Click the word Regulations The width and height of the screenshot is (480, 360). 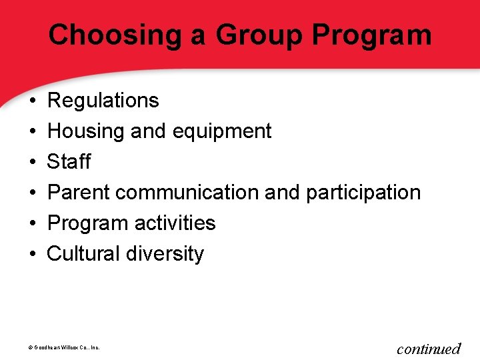point(103,101)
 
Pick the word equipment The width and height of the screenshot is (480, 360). point(222,131)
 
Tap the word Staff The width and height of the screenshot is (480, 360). point(69,162)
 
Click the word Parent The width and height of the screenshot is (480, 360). point(79,193)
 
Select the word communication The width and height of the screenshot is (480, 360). point(188,193)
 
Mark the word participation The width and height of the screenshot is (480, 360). point(363,193)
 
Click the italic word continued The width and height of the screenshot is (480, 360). point(429,348)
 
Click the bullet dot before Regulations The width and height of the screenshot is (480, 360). point(32,101)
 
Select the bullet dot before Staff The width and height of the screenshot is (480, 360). point(32,163)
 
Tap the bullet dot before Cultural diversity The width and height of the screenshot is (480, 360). point(32,255)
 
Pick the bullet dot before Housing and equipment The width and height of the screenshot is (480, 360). point(32,132)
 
